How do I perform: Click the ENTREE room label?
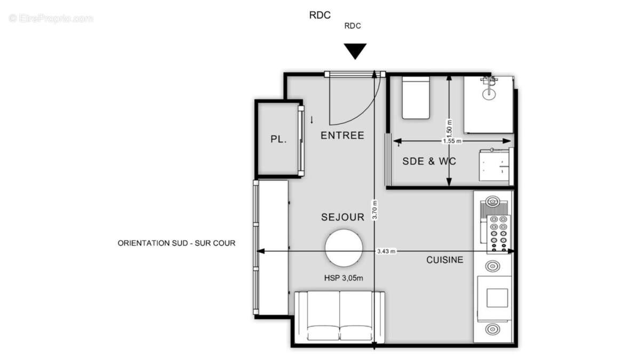coord(342,135)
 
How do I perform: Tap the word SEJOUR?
coord(342,217)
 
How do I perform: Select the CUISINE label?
coord(444,260)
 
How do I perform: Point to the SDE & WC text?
coord(429,161)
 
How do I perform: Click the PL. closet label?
coord(278,140)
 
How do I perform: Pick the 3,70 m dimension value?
coord(375,210)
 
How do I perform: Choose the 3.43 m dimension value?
coord(386,251)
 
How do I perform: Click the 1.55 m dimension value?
coord(452,141)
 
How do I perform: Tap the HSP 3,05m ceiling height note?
coord(343,278)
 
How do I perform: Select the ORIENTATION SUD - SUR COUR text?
coord(177,243)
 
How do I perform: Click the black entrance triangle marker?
coord(355,52)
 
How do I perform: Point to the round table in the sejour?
coord(344,248)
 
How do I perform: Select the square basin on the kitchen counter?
coord(498,298)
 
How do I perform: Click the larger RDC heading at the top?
coord(320,15)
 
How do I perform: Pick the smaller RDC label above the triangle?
coord(353,26)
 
